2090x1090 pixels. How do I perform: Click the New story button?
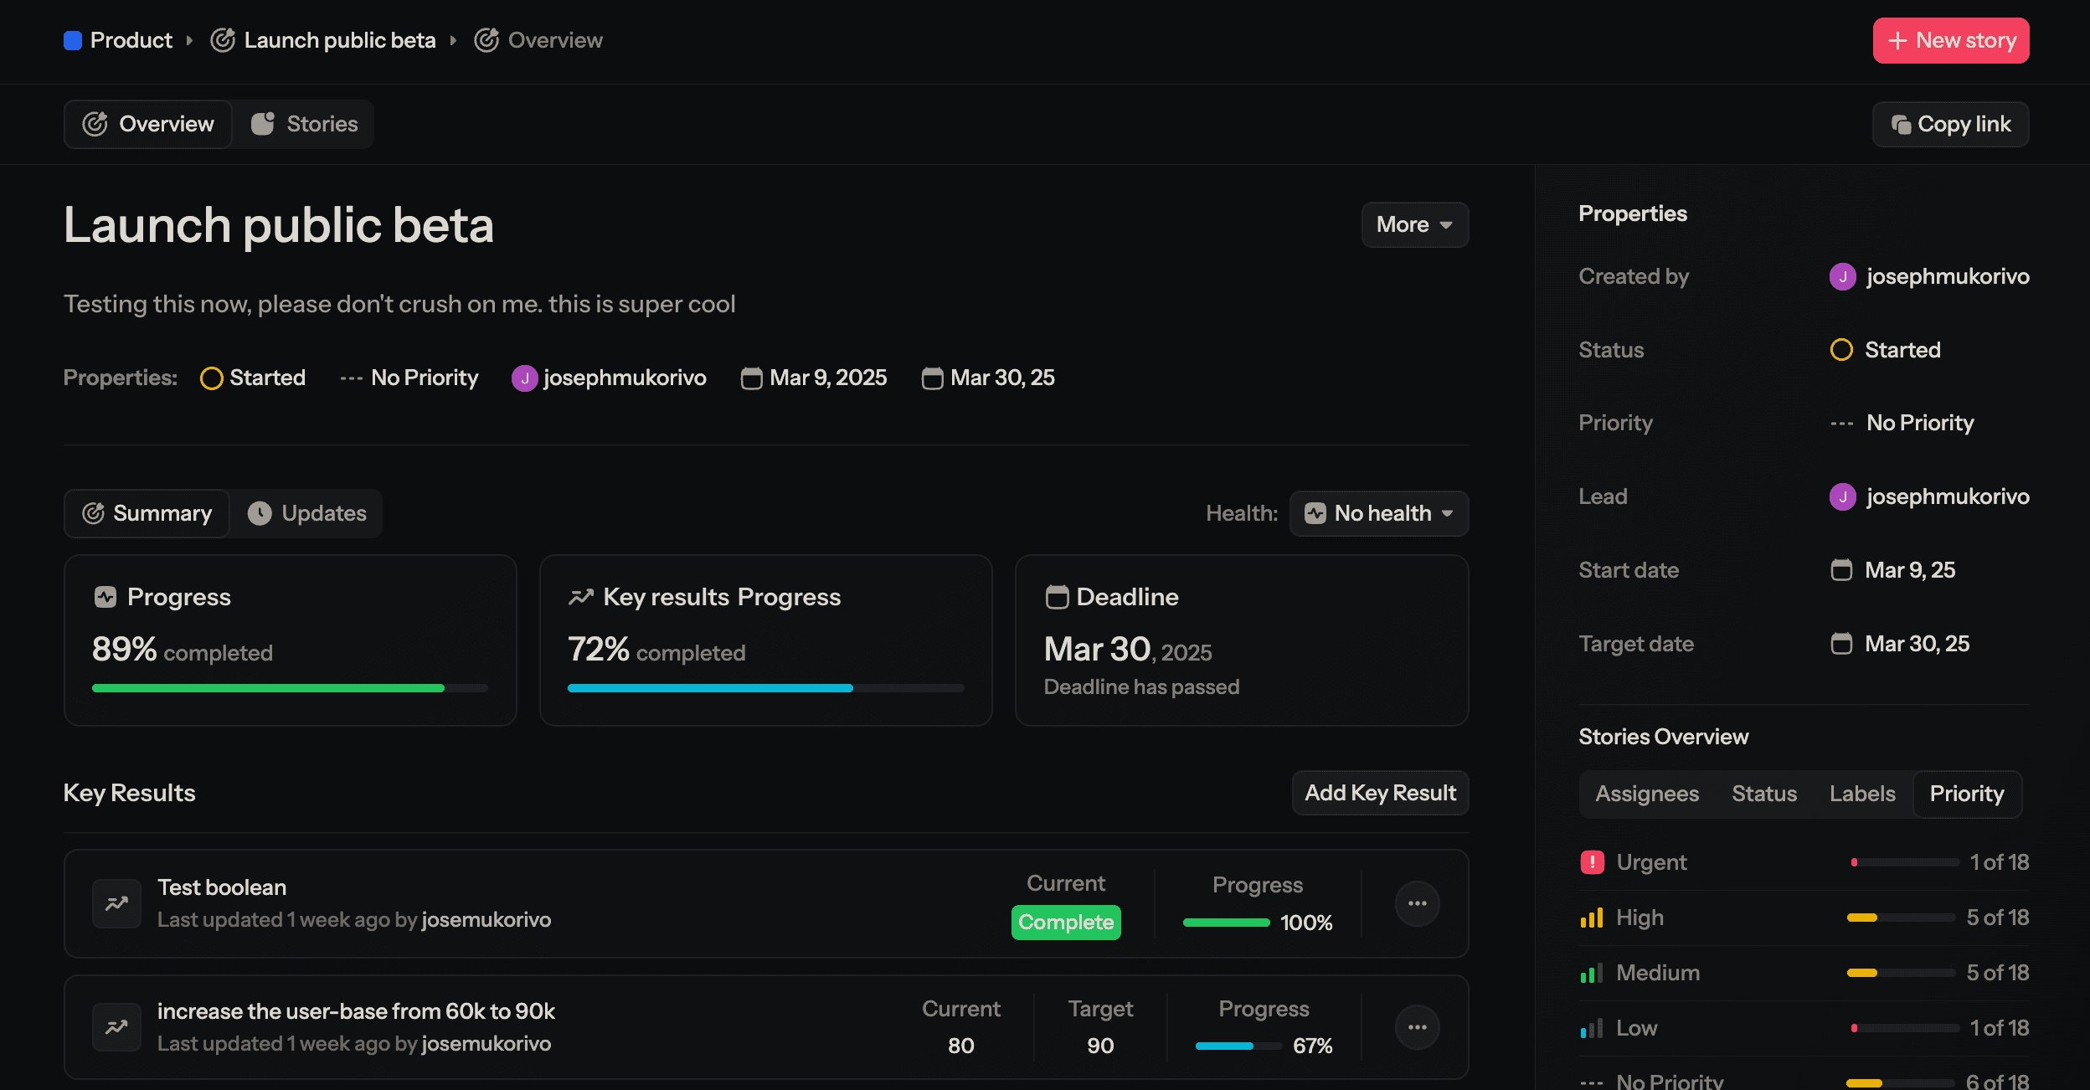tap(1950, 40)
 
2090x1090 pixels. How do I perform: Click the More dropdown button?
tap(1414, 224)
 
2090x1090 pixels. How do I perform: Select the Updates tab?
tap(307, 513)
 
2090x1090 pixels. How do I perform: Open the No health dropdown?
tap(1378, 513)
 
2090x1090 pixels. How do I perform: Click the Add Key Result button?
tap(1380, 793)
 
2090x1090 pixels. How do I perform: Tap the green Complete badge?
tap(1065, 923)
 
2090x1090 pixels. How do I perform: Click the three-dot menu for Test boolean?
tap(1417, 903)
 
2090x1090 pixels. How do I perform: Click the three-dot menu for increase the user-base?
tap(1417, 1027)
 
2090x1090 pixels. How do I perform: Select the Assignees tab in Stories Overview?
tap(1646, 794)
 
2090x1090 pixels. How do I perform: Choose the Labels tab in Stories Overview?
tap(1861, 794)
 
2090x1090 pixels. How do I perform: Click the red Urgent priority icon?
tap(1592, 862)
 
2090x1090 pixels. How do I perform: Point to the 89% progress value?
tap(124, 650)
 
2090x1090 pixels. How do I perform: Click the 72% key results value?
tap(598, 650)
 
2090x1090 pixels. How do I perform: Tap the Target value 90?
tap(1099, 1046)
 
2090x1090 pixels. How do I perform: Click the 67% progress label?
tap(1312, 1046)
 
